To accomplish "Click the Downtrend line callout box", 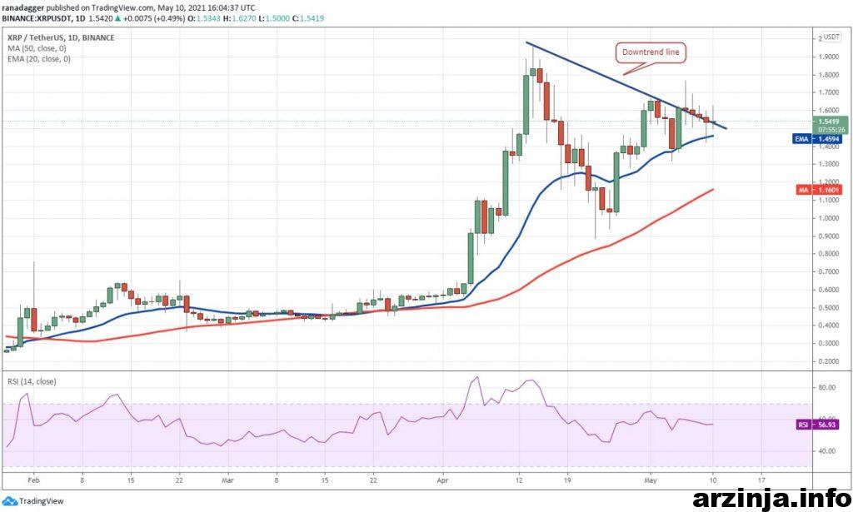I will tap(651, 52).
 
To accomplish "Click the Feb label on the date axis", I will tap(32, 480).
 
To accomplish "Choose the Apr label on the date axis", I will tap(444, 480).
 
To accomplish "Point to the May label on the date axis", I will tap(652, 480).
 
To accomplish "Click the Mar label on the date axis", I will tap(229, 480).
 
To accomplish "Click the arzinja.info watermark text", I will tap(771, 499).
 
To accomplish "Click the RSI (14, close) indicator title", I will tap(32, 382).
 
